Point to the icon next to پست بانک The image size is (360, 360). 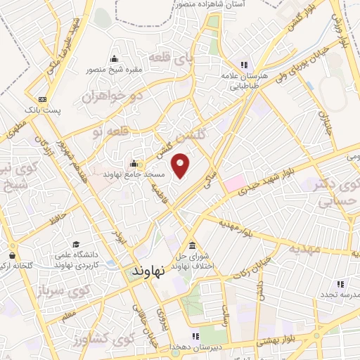coord(43,100)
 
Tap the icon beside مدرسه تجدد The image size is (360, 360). coord(341,284)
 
